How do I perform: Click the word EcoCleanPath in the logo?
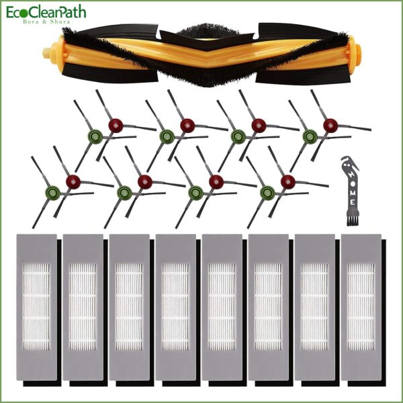coord(46,12)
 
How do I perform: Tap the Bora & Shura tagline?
coord(46,21)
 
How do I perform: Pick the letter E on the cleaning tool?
coord(352,202)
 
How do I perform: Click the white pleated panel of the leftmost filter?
coord(36,307)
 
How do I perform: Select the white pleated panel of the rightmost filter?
coord(361,307)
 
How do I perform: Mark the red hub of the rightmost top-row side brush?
coord(330,126)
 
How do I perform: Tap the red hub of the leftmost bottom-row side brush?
coord(73,182)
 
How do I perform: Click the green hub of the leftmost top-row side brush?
coord(95,136)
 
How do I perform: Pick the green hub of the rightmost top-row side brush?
coord(310,136)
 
